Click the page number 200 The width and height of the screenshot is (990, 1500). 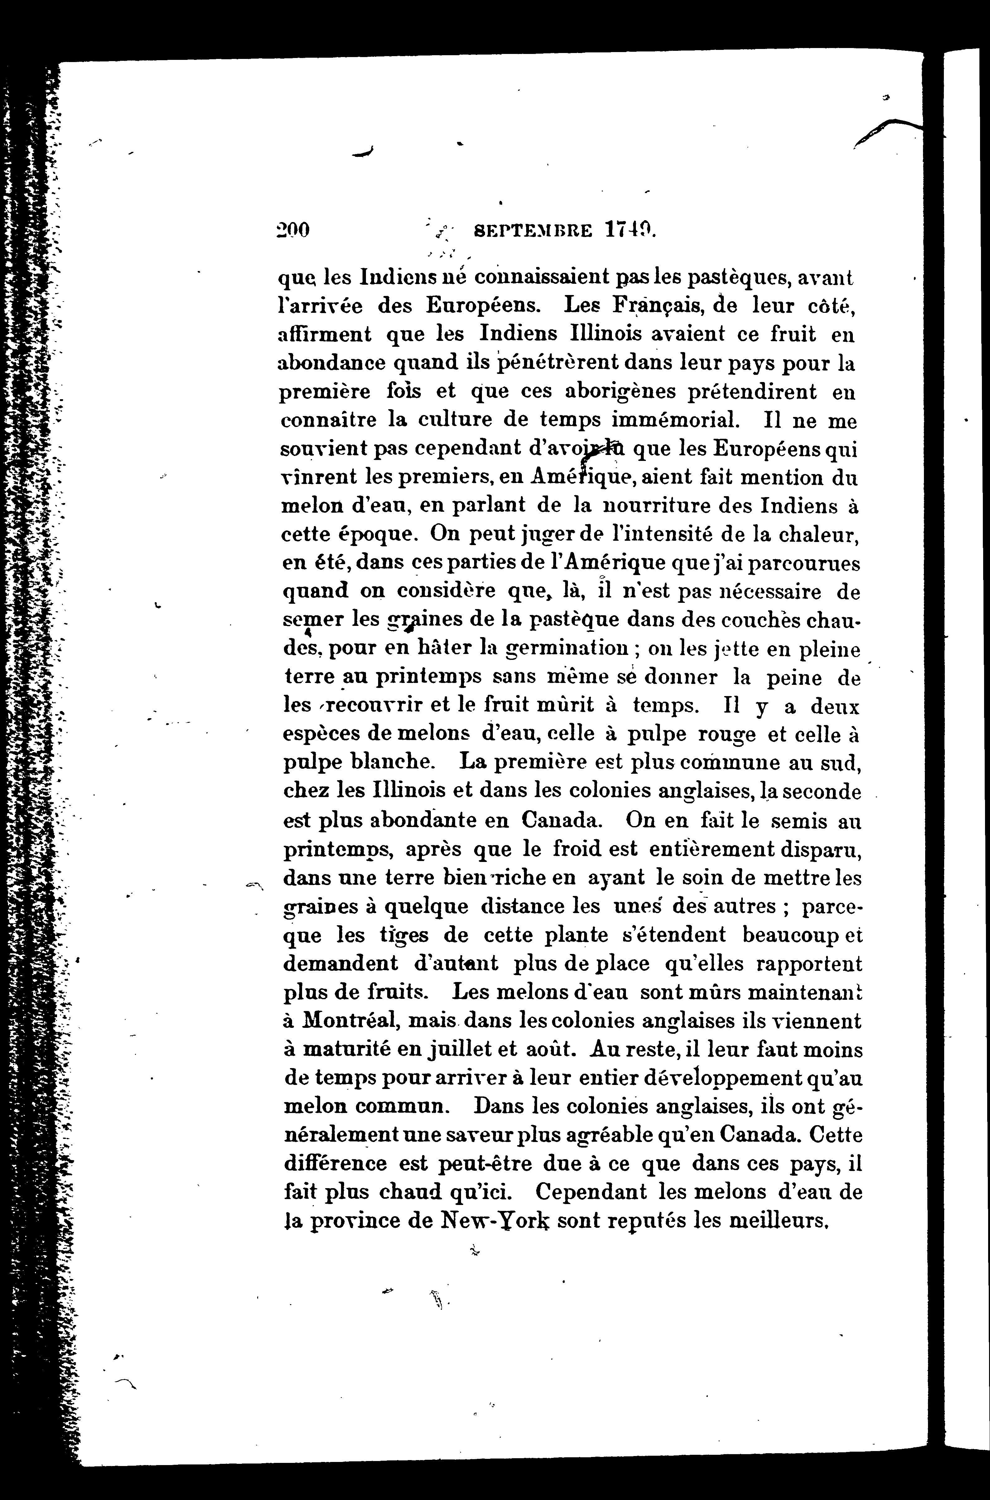tap(294, 230)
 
